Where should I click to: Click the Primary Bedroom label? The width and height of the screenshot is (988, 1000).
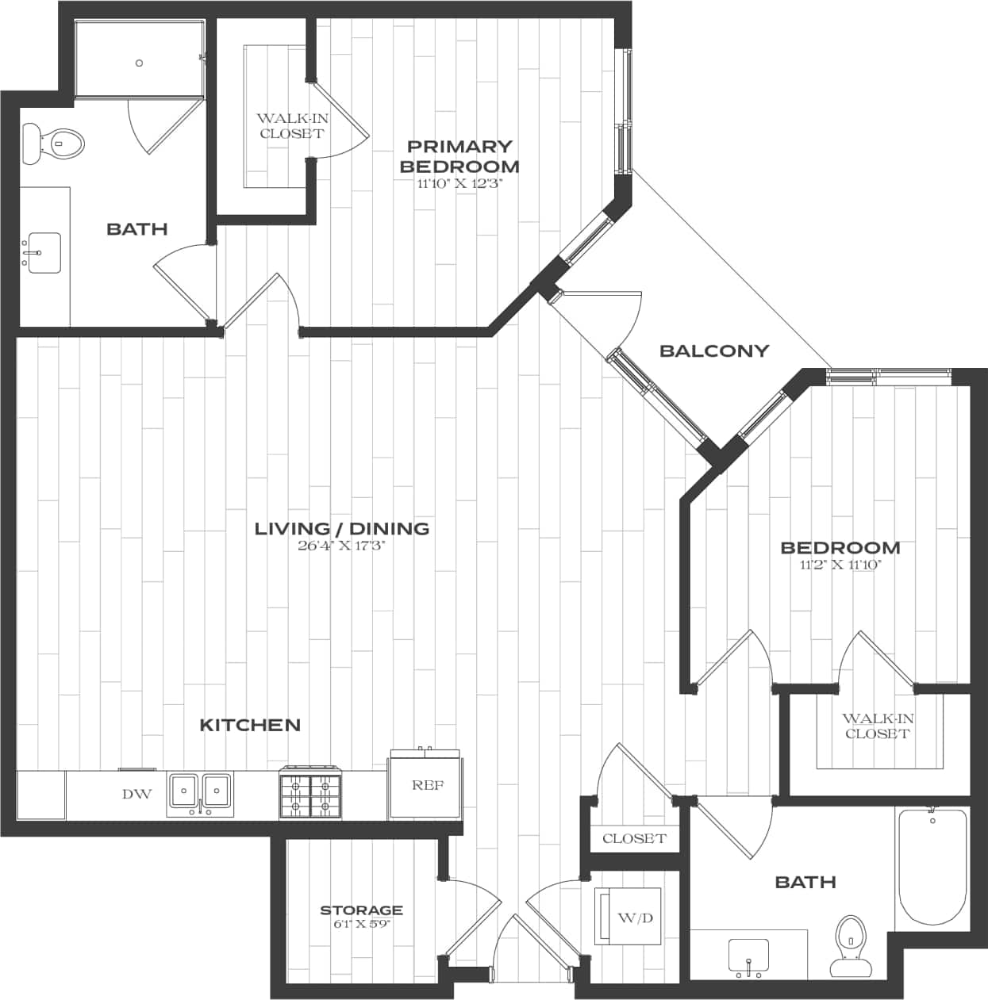point(459,156)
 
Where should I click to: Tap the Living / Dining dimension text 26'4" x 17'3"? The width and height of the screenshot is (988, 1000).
point(341,546)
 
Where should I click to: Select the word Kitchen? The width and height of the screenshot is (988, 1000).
point(250,725)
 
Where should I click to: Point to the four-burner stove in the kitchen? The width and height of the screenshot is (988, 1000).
point(309,792)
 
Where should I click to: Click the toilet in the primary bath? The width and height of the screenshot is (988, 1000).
point(53,144)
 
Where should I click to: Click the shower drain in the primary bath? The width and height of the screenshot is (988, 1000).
point(139,63)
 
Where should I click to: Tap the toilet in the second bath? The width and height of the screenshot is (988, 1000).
point(850,944)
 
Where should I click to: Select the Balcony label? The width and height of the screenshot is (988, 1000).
point(714,351)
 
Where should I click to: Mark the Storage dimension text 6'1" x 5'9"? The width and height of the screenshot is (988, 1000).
point(362,923)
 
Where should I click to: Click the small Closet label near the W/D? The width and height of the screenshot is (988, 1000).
point(634,838)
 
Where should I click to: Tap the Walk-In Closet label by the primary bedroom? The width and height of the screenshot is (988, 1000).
point(291,126)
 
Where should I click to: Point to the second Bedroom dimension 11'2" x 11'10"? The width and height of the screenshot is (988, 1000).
point(840,565)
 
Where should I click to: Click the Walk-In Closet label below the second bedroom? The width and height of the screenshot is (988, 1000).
point(877,726)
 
